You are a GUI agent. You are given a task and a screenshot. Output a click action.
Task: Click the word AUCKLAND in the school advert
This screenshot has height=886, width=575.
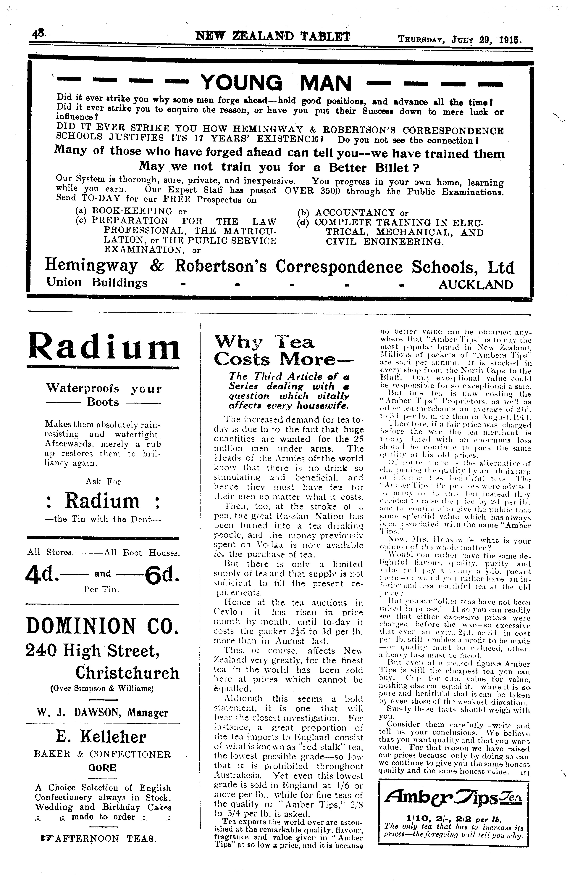pyautogui.click(x=476, y=285)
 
